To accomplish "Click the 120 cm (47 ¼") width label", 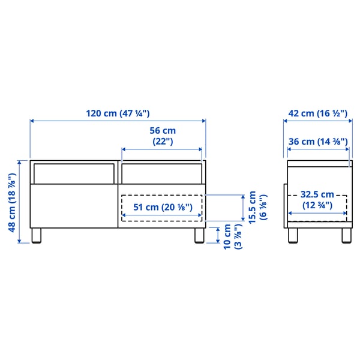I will (118, 113).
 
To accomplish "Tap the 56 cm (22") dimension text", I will (162, 136).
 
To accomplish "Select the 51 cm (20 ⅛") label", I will (162, 207).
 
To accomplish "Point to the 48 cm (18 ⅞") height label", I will (11, 201).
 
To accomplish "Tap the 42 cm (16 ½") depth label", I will (317, 113).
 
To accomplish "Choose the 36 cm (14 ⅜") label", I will (317, 142).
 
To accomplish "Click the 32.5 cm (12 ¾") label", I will (317, 199).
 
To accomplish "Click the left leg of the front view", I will (37, 235).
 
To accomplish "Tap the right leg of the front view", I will (200, 235).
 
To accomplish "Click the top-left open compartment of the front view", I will (73, 173).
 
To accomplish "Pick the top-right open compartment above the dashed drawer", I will (161, 173).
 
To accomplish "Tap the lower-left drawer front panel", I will (73, 205).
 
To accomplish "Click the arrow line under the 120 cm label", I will (118, 121).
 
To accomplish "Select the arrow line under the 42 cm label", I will (317, 121).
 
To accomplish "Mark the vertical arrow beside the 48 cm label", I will (20, 201).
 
